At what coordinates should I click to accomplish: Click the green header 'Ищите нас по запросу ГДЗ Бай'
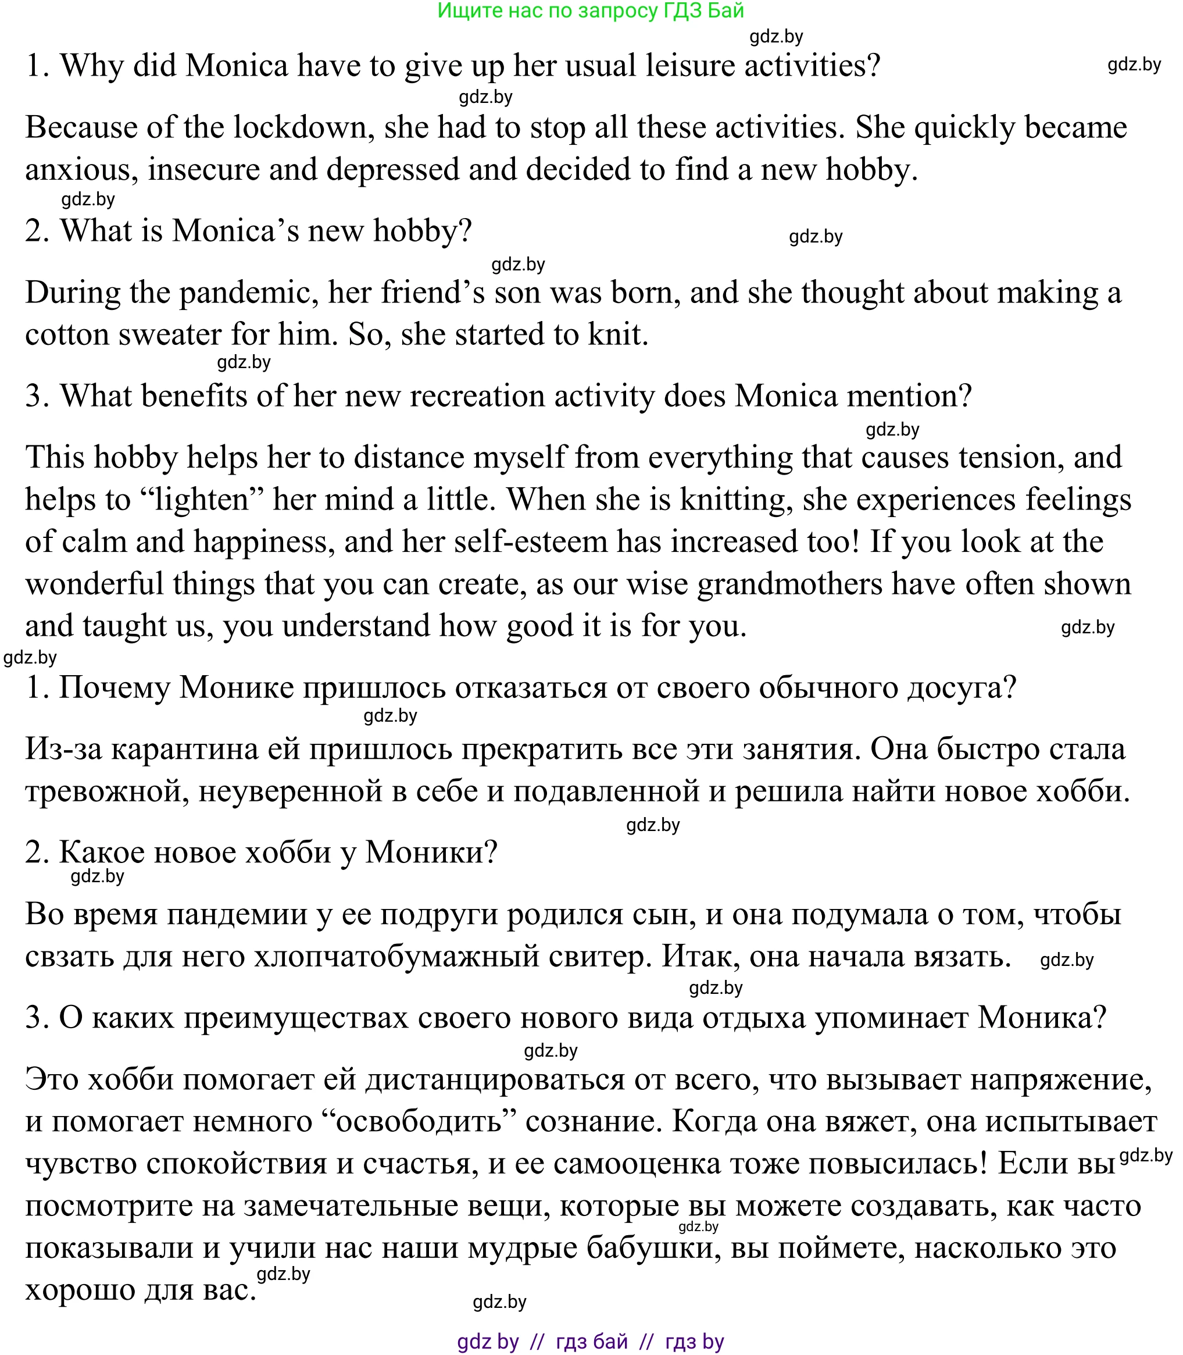pyautogui.click(x=590, y=10)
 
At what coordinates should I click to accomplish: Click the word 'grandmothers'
pyautogui.click(x=789, y=584)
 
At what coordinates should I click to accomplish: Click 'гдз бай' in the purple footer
pyautogui.click(x=592, y=1342)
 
